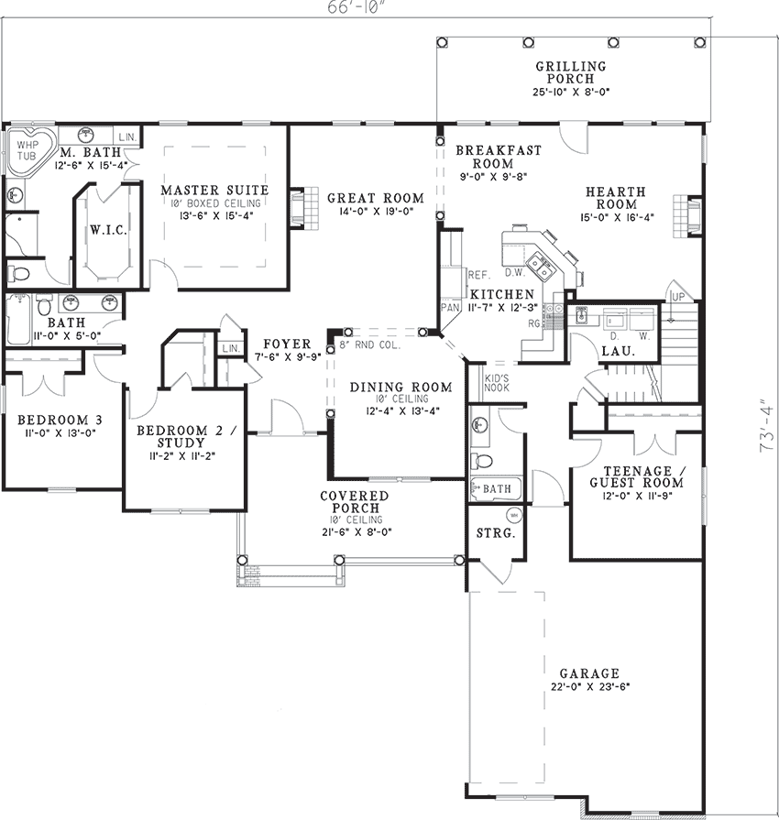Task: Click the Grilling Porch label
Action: pyautogui.click(x=571, y=72)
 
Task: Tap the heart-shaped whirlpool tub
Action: pyautogui.click(x=27, y=149)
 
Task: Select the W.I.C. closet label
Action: pyautogui.click(x=108, y=230)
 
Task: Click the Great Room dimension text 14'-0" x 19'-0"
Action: pyautogui.click(x=376, y=212)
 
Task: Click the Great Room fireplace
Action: pyautogui.click(x=304, y=208)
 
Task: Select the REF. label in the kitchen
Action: pyautogui.click(x=478, y=275)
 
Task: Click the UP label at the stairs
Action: pyautogui.click(x=678, y=297)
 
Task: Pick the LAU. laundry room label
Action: pyautogui.click(x=619, y=351)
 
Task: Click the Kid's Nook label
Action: pyautogui.click(x=497, y=383)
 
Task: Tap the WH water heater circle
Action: pyautogui.click(x=514, y=515)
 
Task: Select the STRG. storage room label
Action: pyautogui.click(x=496, y=534)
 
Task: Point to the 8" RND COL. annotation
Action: pyautogui.click(x=370, y=345)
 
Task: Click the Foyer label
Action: pyautogui.click(x=287, y=344)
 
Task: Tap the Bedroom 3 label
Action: pyautogui.click(x=60, y=420)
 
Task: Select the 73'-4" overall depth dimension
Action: pyautogui.click(x=765, y=426)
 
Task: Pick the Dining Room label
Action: pyautogui.click(x=400, y=387)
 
